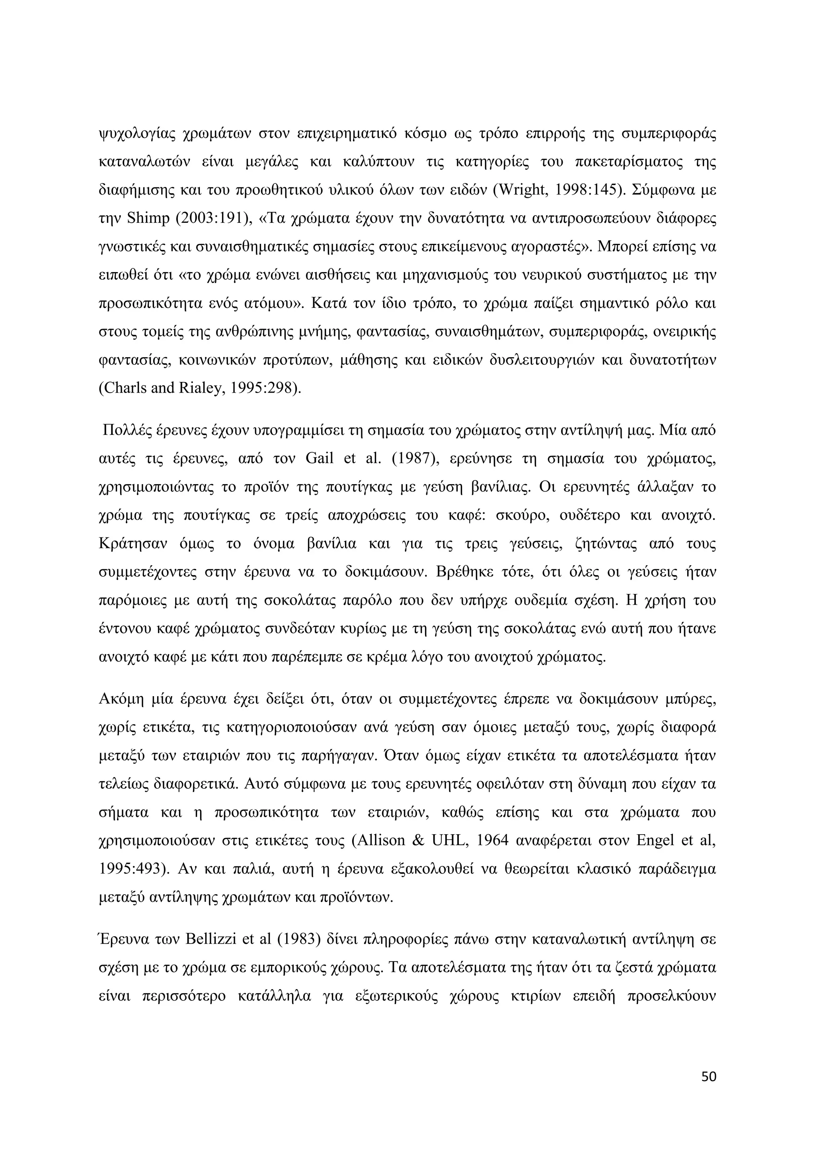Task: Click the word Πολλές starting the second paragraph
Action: point(125,430)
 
